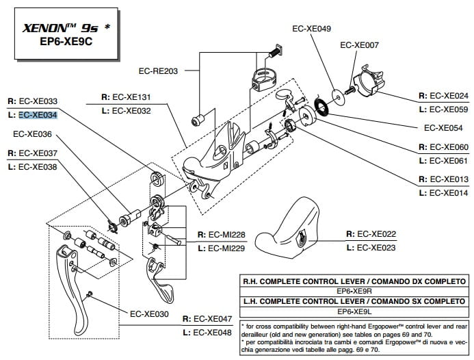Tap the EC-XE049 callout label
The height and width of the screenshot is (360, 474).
pyautogui.click(x=311, y=29)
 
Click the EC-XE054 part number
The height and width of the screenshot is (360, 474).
pyautogui.click(x=443, y=127)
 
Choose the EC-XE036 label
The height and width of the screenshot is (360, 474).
pyautogui.click(x=32, y=134)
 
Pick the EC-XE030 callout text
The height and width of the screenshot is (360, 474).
pyautogui.click(x=148, y=314)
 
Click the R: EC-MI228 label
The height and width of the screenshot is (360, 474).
pyautogui.click(x=220, y=235)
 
